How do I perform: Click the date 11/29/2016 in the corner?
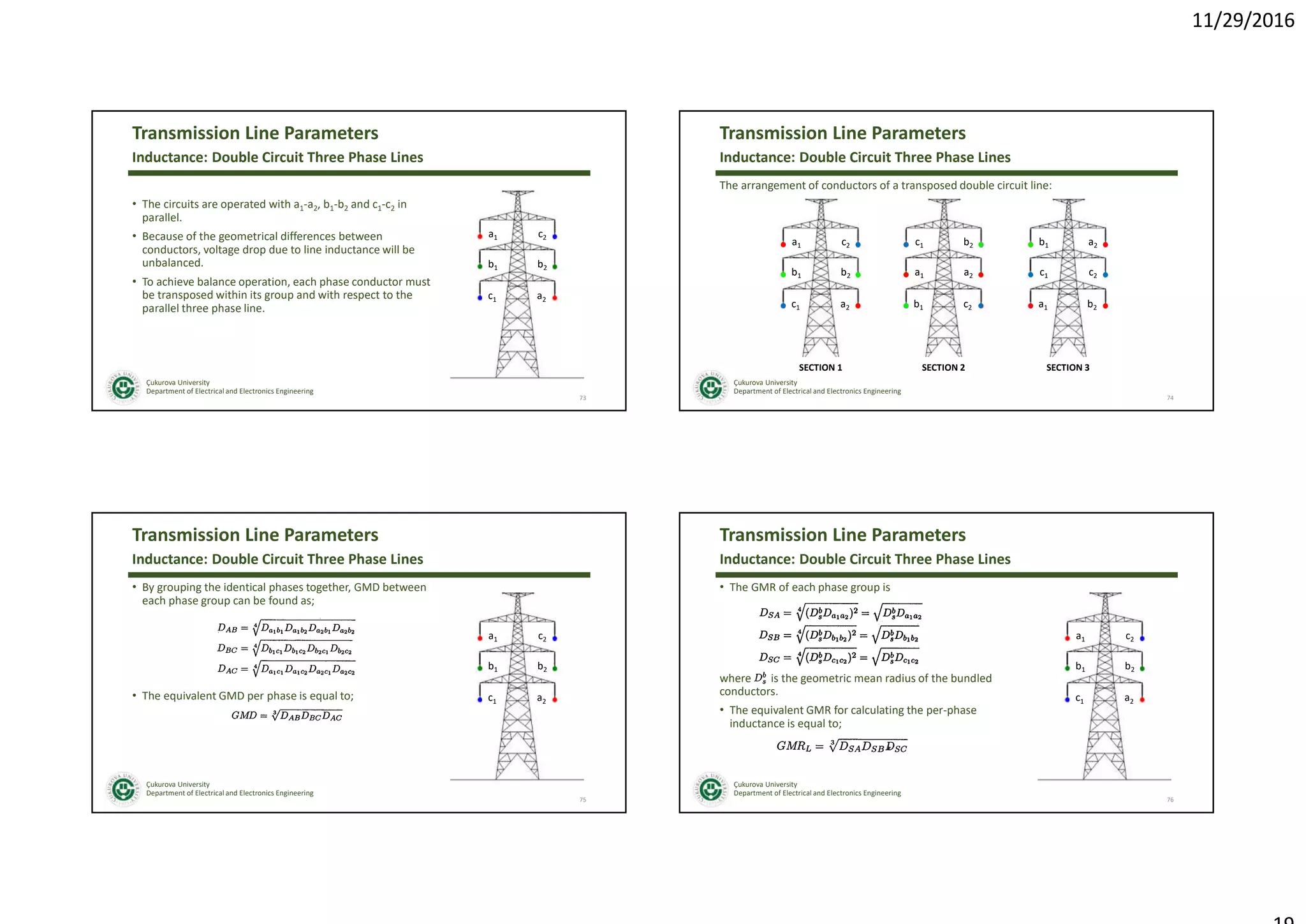point(1242,20)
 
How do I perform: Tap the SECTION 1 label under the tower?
point(820,368)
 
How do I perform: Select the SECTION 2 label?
point(943,368)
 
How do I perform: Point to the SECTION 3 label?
point(1068,368)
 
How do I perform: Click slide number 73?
point(582,398)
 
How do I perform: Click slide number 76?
point(1170,800)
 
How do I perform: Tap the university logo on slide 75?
point(123,789)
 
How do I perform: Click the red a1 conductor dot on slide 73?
point(480,237)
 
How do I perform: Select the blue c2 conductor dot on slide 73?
point(555,237)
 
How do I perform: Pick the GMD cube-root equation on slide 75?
point(287,715)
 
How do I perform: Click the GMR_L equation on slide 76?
point(841,746)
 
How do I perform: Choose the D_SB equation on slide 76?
point(839,636)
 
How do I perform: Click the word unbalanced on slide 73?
point(172,263)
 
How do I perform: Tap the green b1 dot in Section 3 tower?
point(1031,245)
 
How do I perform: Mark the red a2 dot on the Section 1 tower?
point(858,306)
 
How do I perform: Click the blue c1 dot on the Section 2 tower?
point(906,245)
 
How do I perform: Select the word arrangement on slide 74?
point(771,186)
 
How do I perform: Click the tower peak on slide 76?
point(1105,595)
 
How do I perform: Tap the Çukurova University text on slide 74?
point(765,383)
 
